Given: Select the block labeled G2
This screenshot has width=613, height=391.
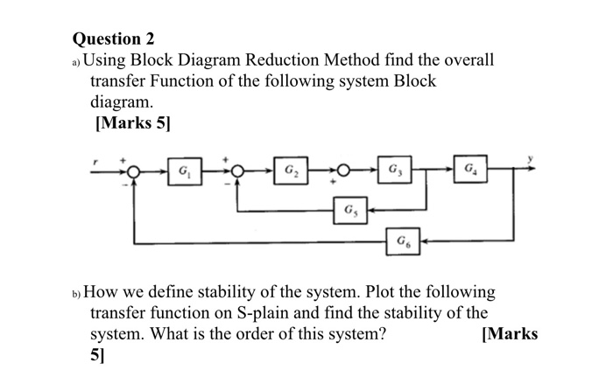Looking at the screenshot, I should point(289,169).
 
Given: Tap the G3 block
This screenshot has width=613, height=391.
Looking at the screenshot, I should point(395,169).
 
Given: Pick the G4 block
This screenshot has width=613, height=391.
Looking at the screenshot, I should point(471,169).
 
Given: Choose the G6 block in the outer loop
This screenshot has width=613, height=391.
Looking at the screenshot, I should point(401,240).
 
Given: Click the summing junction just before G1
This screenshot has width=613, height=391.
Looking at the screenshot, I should point(134,170).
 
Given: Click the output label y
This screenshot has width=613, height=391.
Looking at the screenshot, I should point(530,160).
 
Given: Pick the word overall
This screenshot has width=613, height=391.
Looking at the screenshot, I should point(465,60).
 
